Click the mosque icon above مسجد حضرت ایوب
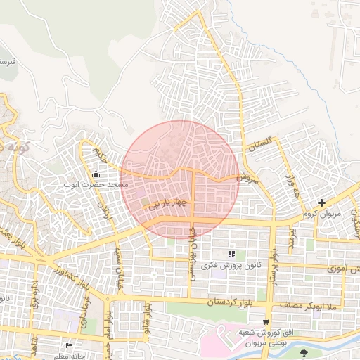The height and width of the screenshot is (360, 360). [x=97, y=174]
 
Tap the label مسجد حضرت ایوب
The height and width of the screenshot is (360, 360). [x=96, y=184]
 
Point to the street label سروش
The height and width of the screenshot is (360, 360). [x=248, y=178]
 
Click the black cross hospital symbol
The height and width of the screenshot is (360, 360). [x=321, y=203]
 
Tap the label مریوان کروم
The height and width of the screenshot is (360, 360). [x=321, y=213]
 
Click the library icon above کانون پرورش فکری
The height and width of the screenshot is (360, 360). [x=231, y=254]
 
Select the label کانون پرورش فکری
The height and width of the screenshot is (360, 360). [x=231, y=265]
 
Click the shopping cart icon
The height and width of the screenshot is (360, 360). [x=265, y=321]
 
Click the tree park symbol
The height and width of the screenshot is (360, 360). [x=304, y=352]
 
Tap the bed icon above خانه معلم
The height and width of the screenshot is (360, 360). [x=69, y=346]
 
